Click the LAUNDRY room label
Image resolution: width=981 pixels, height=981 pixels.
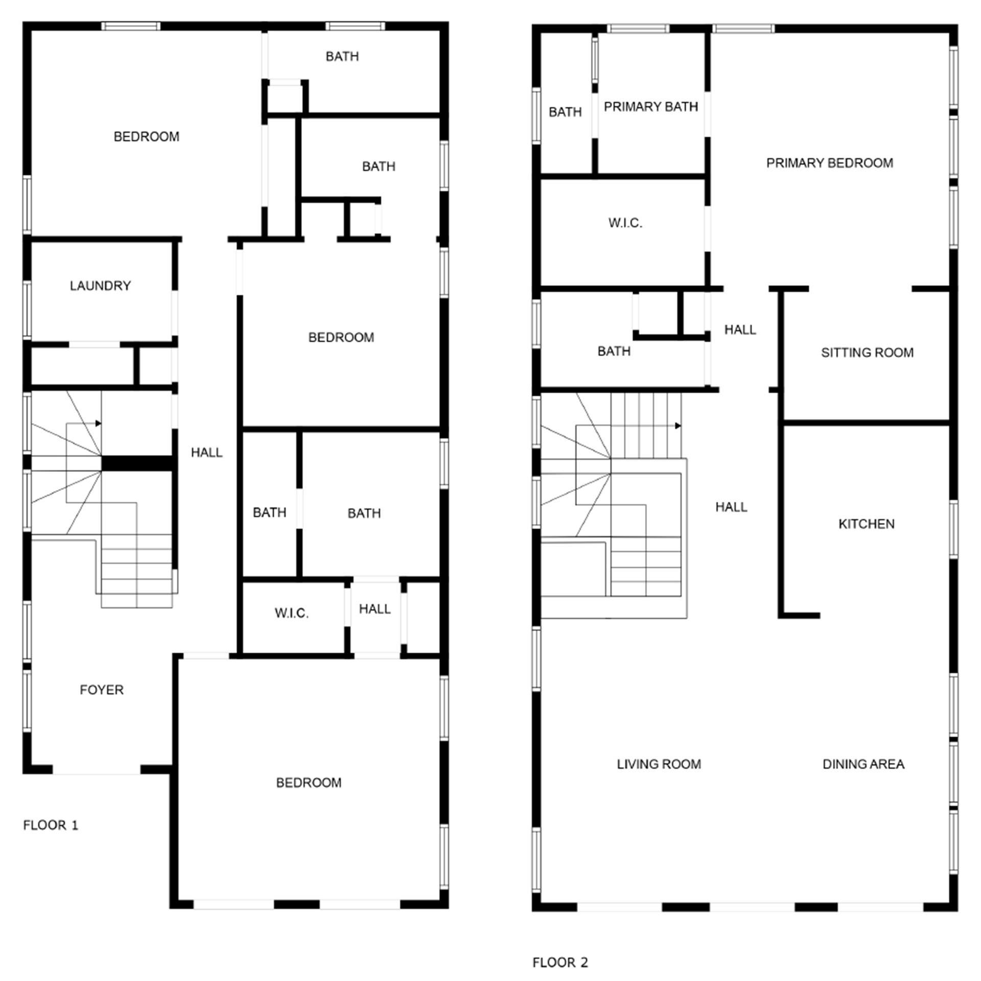[100, 286]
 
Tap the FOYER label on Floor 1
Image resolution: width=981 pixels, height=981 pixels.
[101, 690]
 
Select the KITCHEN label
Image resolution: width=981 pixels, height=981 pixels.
[866, 524]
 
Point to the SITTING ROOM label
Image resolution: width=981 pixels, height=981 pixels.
[867, 353]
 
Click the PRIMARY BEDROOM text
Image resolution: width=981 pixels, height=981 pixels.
[829, 163]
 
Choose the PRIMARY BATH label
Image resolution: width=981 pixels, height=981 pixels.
[650, 107]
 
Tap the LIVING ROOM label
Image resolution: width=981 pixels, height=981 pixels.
[659, 764]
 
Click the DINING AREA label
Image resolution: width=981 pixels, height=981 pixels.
[863, 764]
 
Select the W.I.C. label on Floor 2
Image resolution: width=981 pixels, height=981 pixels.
[625, 223]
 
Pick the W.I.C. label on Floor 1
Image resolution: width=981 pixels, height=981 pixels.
[291, 613]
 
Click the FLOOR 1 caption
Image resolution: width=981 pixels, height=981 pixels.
[51, 825]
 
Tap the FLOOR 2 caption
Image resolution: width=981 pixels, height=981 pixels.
[560, 963]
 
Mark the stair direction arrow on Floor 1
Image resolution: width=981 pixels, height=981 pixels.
[98, 424]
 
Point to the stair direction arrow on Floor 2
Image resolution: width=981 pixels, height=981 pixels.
[678, 426]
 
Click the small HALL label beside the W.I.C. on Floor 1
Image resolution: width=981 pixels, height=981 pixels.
[375, 609]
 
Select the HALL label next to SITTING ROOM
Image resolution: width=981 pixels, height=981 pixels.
[740, 330]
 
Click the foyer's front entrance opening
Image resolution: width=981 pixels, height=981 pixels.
[96, 769]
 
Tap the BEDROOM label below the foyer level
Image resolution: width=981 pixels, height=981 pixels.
[308, 783]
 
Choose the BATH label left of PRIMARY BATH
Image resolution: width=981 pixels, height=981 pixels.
[565, 112]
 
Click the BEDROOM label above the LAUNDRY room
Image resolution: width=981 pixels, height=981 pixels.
[146, 136]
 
